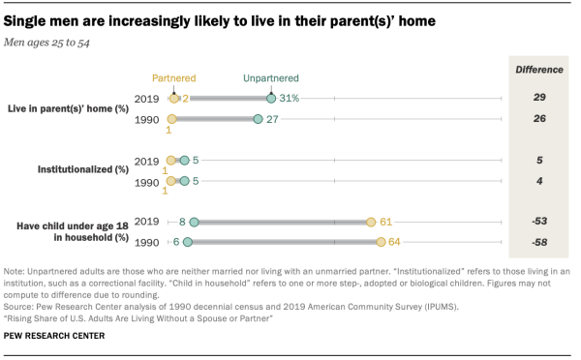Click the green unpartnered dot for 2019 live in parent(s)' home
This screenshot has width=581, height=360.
click(271, 98)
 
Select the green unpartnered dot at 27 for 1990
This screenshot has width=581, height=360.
click(258, 119)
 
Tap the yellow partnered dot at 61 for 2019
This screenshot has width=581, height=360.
click(371, 222)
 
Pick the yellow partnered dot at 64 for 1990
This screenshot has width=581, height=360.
click(382, 242)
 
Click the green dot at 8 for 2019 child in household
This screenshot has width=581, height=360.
click(194, 222)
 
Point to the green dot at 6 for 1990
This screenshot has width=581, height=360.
click(188, 242)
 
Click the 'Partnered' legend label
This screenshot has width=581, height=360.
click(174, 78)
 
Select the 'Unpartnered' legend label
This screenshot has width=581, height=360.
click(271, 78)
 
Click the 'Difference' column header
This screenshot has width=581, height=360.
click(537, 70)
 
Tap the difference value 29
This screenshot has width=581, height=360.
click(537, 98)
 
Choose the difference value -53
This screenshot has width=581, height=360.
click(537, 222)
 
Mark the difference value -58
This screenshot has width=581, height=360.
click(537, 242)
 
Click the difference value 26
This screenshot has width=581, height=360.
click(537, 119)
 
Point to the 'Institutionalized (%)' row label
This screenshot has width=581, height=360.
click(82, 170)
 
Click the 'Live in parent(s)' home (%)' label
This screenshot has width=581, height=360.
click(68, 108)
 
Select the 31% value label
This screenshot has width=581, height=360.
click(290, 98)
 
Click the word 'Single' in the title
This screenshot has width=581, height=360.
click(30, 18)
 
